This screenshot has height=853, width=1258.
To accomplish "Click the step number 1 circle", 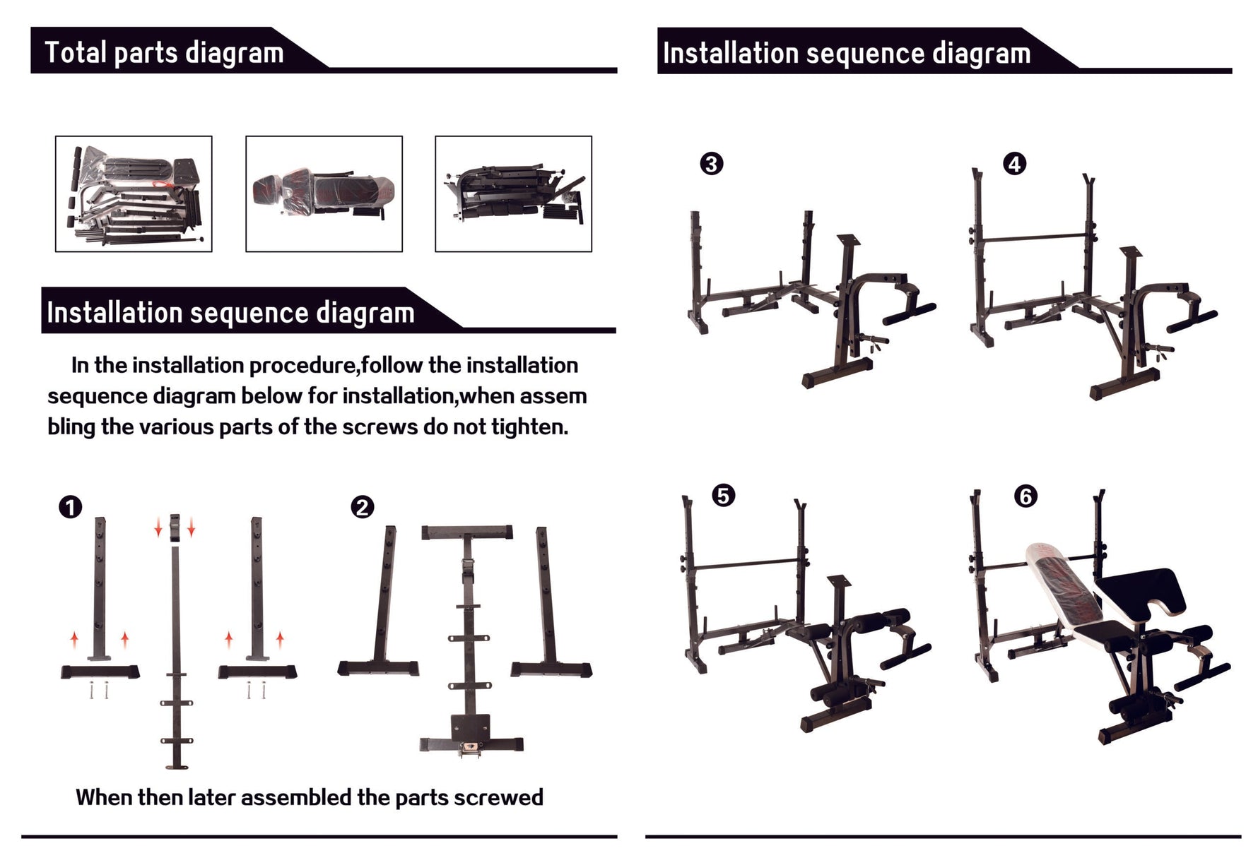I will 71,507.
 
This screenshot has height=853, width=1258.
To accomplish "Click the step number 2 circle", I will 363,507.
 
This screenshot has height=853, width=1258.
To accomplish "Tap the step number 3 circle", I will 711,164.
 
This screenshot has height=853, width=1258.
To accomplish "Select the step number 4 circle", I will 1014,164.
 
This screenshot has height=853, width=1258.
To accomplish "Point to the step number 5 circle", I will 722,496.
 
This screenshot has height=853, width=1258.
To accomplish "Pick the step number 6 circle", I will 1025,496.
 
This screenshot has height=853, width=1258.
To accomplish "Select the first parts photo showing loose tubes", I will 134,193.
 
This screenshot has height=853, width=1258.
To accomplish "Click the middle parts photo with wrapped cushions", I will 324,193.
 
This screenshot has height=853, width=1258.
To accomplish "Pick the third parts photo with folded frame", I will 513,193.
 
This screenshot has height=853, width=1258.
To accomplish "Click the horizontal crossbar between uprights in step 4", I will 1032,239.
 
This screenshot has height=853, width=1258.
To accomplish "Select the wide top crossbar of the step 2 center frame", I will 467,532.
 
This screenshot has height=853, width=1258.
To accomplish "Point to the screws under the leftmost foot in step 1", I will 99,690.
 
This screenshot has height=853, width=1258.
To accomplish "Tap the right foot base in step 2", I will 551,669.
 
